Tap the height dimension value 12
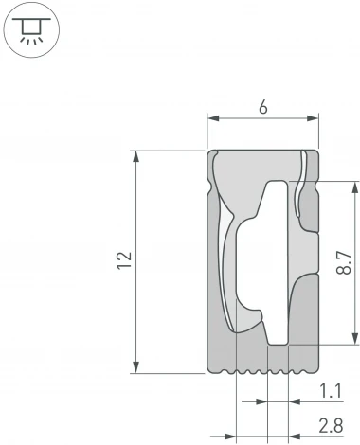(x=124, y=261)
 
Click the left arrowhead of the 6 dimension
(x=212, y=119)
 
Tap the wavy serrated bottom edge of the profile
(x=261, y=370)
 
